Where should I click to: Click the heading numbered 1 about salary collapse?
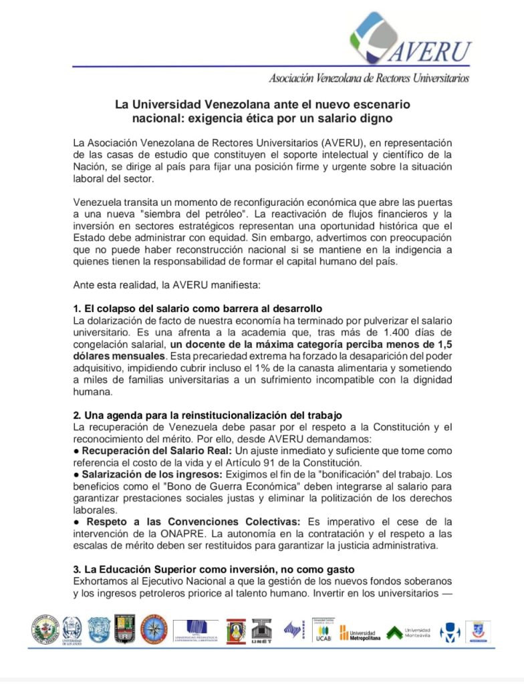[x=198, y=309]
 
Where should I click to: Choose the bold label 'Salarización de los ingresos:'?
[x=148, y=472]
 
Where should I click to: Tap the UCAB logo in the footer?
[x=323, y=629]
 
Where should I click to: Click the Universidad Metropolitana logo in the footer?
[x=361, y=633]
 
